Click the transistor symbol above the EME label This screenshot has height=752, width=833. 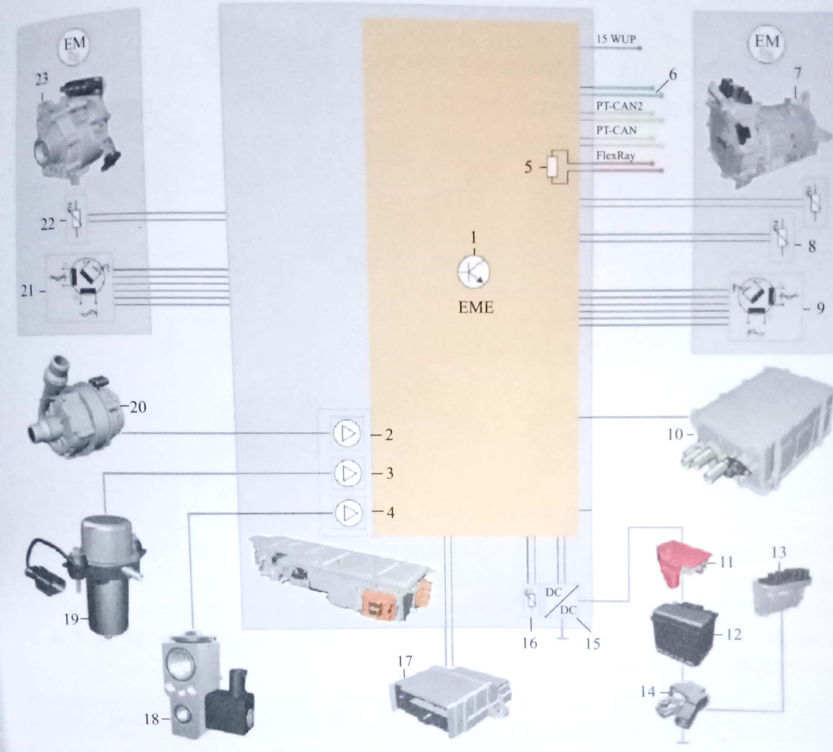(x=474, y=272)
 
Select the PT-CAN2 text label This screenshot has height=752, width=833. (x=619, y=106)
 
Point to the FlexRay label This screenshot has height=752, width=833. (x=615, y=156)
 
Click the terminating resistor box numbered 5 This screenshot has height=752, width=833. (x=553, y=168)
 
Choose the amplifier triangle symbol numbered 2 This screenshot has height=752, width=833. (x=347, y=434)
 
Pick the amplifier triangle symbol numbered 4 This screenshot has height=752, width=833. (x=349, y=513)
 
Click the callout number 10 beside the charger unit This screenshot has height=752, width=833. (x=675, y=434)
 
